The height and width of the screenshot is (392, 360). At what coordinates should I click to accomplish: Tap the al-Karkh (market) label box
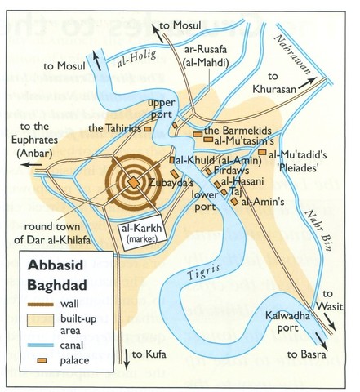pyautogui.click(x=146, y=233)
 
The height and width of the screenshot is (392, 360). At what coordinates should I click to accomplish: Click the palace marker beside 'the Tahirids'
pyautogui.click(x=148, y=128)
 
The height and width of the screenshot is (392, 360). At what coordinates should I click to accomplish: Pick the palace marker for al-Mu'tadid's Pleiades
pyautogui.click(x=261, y=152)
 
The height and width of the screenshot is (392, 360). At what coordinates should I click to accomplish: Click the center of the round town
pyautogui.click(x=132, y=181)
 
